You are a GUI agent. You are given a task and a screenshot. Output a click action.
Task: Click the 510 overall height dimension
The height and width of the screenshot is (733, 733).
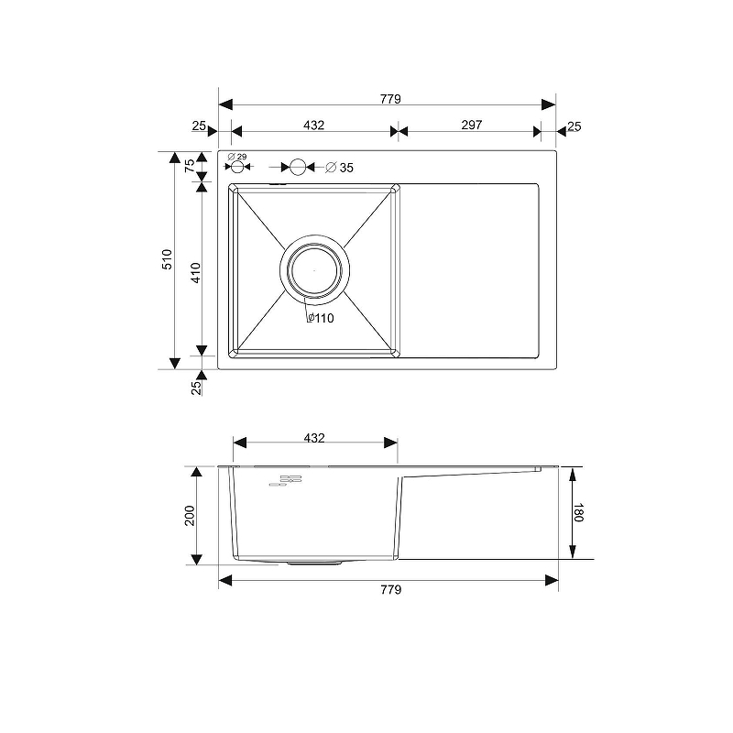[167, 259]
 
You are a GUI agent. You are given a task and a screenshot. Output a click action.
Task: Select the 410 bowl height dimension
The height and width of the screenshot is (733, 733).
[196, 272]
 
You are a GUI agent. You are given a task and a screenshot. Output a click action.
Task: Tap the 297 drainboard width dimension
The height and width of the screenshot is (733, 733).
[471, 125]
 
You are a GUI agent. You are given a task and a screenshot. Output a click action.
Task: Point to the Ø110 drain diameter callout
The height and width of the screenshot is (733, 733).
[321, 318]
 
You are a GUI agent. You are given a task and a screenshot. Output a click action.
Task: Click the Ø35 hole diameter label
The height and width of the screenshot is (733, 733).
[339, 168]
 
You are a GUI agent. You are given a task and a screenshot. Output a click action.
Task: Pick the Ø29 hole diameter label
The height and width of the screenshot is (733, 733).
[237, 157]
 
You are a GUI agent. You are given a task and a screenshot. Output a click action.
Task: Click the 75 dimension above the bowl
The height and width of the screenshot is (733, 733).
[190, 166]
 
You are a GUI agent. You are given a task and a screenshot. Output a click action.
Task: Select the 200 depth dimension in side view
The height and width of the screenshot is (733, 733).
[190, 515]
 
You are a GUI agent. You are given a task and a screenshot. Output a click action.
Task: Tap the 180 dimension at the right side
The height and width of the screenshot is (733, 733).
[578, 512]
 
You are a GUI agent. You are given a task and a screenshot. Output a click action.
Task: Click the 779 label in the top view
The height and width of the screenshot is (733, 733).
[390, 99]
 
